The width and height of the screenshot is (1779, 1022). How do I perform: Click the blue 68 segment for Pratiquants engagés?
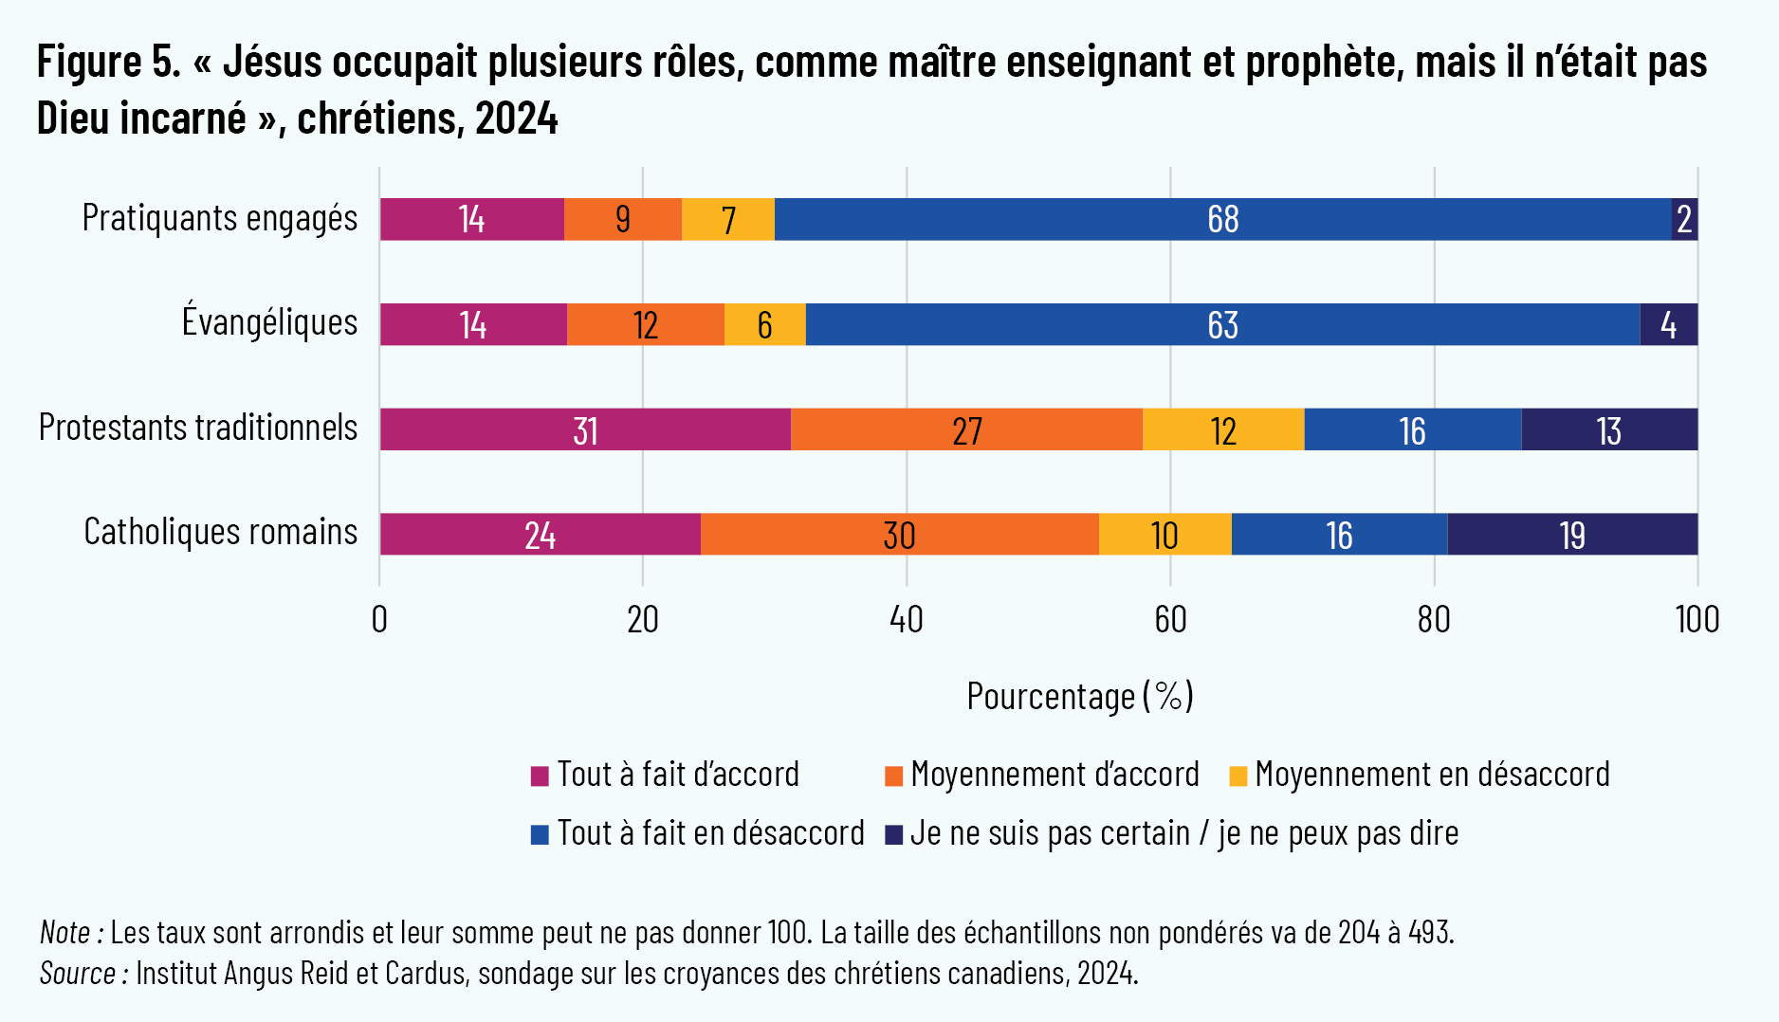pyautogui.click(x=1222, y=219)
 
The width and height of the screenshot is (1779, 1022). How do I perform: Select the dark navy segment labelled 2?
pyautogui.click(x=1684, y=219)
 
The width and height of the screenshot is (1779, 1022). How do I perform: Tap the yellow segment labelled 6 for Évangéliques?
pyautogui.click(x=764, y=324)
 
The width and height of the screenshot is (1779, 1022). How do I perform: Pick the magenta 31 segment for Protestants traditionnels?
pyautogui.click(x=585, y=429)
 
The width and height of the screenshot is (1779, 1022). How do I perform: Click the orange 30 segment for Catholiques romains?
pyautogui.click(x=899, y=535)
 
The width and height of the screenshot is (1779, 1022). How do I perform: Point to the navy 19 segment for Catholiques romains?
pyautogui.click(x=1572, y=535)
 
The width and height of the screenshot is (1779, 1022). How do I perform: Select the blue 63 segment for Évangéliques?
pyautogui.click(x=1222, y=324)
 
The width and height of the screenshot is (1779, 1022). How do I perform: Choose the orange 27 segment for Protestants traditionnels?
pyautogui.click(x=966, y=429)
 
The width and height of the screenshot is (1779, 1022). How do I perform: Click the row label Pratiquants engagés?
pyautogui.click(x=220, y=218)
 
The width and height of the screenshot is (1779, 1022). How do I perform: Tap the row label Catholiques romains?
pyautogui.click(x=221, y=532)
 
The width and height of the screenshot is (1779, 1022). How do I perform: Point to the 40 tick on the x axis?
pyautogui.click(x=907, y=620)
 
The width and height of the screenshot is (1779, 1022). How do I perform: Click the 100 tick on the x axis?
pyautogui.click(x=1696, y=620)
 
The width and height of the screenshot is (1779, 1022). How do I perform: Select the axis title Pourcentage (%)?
pyautogui.click(x=1079, y=696)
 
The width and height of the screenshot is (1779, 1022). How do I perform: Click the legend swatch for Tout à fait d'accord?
pyautogui.click(x=540, y=776)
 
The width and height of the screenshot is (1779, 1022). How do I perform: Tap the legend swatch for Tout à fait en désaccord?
pyautogui.click(x=540, y=834)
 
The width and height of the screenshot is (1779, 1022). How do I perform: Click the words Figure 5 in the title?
pyautogui.click(x=108, y=63)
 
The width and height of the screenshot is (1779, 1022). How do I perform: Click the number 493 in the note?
pyautogui.click(x=1429, y=933)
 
